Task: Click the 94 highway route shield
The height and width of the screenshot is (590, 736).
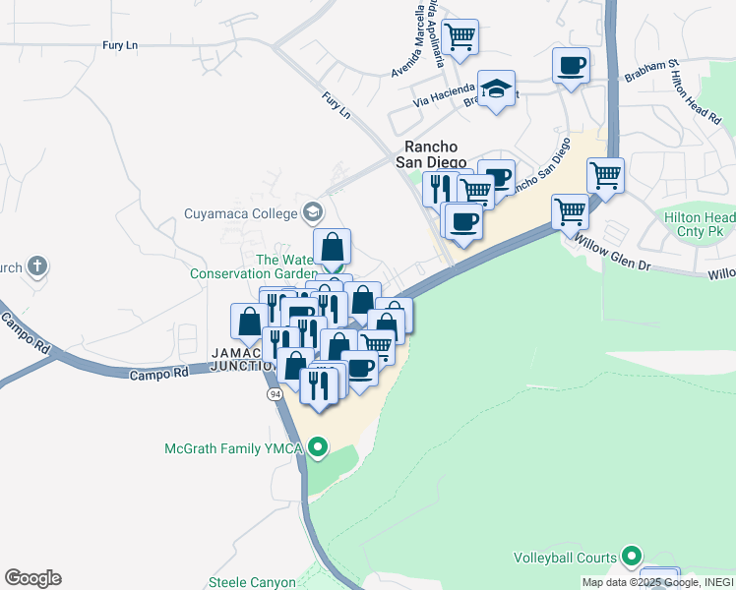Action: click(x=275, y=393)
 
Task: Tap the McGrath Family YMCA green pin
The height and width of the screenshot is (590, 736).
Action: click(x=317, y=449)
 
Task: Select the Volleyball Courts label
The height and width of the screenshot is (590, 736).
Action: click(x=565, y=558)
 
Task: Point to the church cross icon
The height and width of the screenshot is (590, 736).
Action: click(x=37, y=265)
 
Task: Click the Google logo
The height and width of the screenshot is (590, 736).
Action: click(x=32, y=578)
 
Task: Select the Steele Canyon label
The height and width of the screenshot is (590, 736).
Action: click(x=252, y=583)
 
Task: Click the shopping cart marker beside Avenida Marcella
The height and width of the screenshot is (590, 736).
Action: click(x=460, y=36)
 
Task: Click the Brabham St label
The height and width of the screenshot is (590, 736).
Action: click(x=652, y=72)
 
